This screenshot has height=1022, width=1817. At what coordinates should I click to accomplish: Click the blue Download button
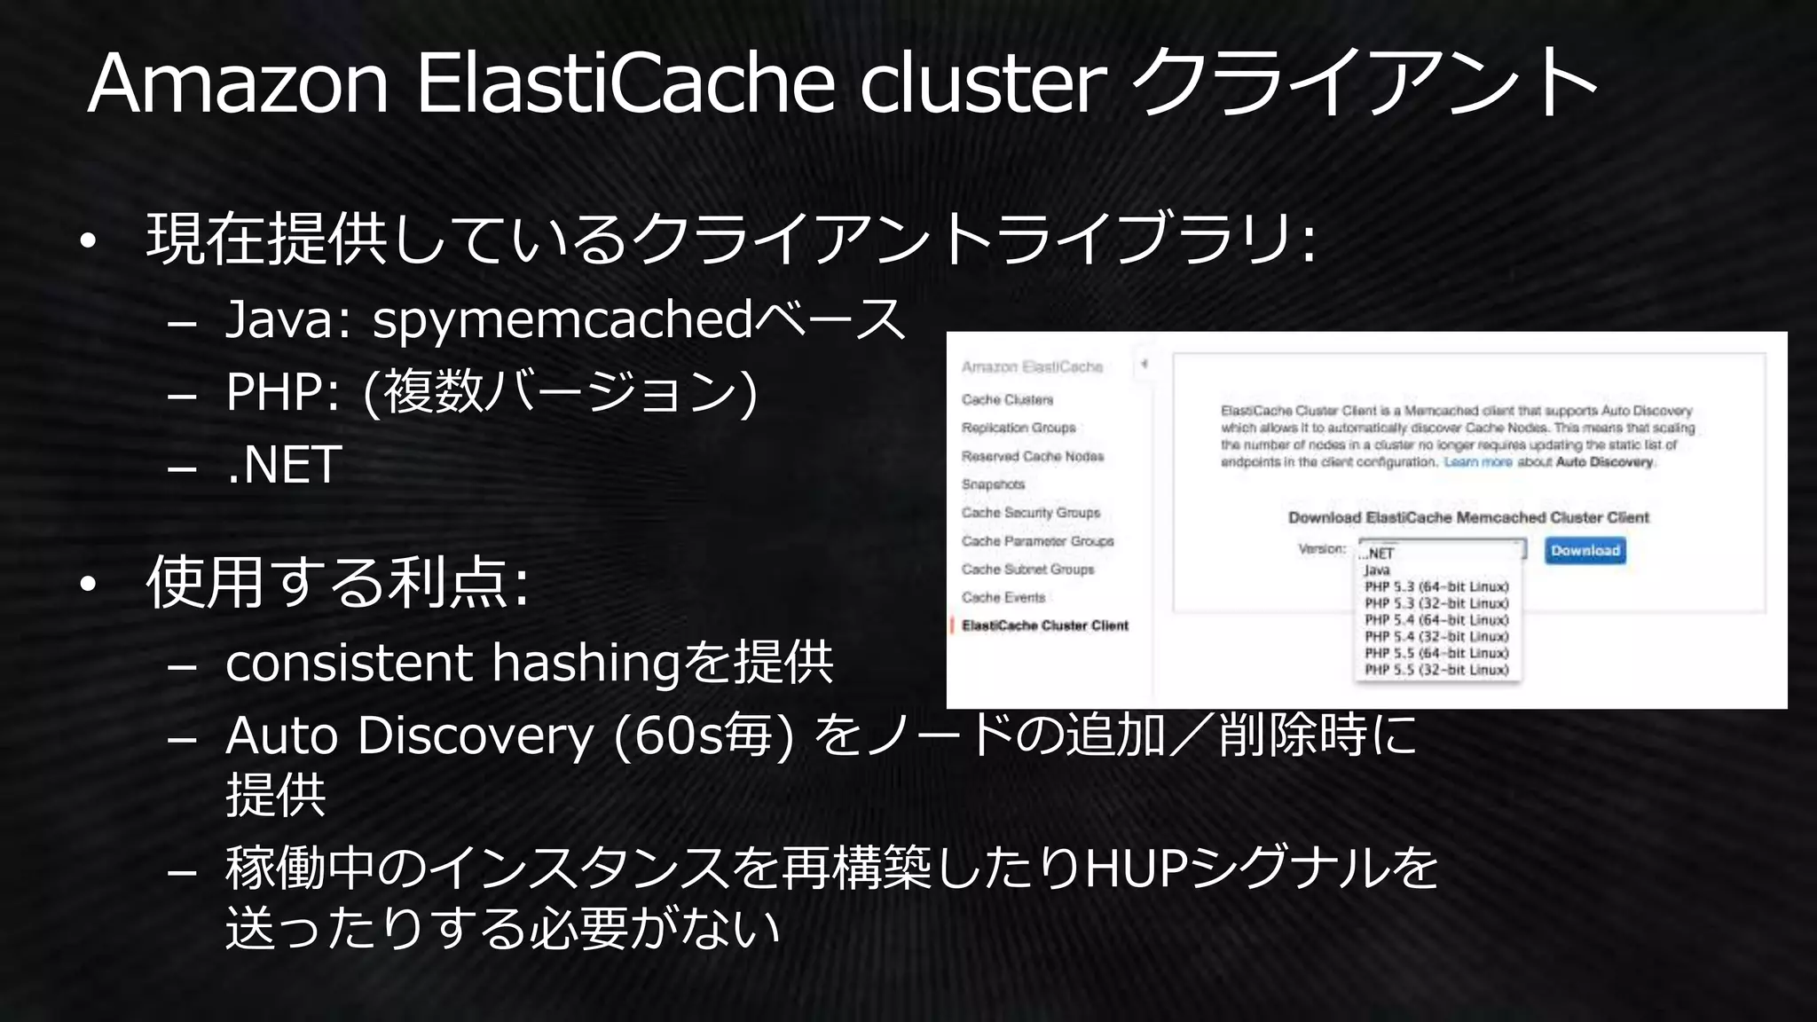[x=1585, y=551]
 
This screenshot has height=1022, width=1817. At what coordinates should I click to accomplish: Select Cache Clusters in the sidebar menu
[x=1007, y=400]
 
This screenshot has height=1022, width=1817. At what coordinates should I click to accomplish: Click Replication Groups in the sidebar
[x=1018, y=428]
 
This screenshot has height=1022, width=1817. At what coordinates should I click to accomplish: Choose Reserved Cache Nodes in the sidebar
[x=1032, y=456]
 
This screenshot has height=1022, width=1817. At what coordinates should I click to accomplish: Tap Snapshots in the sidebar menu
[x=993, y=484]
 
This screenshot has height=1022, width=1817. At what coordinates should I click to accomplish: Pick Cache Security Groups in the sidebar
[x=1030, y=513]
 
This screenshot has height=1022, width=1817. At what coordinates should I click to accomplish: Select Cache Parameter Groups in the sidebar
[x=1037, y=541]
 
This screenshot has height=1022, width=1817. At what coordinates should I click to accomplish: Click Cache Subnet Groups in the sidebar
[x=1027, y=570]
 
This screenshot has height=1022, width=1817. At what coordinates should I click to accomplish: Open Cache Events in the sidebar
[x=1003, y=598]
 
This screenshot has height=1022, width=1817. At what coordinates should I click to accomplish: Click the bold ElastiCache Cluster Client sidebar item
[x=1044, y=626]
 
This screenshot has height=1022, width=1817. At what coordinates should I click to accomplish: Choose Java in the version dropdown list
[x=1377, y=570]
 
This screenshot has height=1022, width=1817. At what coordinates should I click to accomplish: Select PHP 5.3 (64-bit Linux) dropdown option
[x=1436, y=587]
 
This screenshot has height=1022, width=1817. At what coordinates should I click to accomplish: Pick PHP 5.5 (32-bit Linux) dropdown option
[x=1436, y=670]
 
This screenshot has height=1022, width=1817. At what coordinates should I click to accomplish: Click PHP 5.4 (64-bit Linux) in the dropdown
[x=1436, y=620]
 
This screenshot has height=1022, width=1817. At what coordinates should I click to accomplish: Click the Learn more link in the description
[x=1477, y=462]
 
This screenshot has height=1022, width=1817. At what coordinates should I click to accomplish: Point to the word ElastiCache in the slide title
[x=625, y=83]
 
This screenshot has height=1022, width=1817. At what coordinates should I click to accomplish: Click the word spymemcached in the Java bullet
[x=562, y=319]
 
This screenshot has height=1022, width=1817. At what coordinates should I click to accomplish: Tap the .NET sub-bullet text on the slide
[x=284, y=465]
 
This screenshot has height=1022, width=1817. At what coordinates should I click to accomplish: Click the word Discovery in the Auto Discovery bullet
[x=475, y=736]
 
